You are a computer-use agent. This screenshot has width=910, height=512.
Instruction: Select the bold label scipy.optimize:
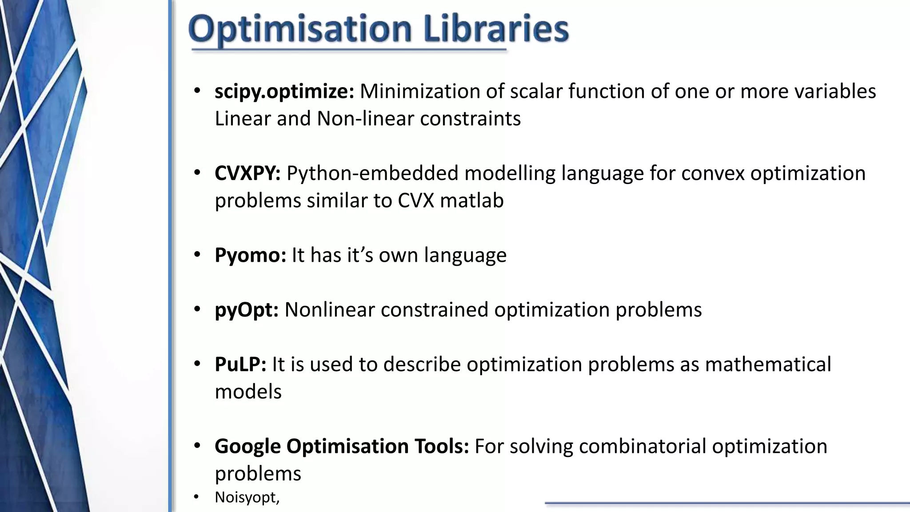click(284, 92)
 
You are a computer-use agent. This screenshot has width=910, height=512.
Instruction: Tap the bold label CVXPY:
click(247, 173)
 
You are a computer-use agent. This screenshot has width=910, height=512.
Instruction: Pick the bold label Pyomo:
click(250, 256)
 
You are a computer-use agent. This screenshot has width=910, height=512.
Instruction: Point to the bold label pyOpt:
click(246, 310)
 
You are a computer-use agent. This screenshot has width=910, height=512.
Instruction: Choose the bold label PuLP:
click(240, 364)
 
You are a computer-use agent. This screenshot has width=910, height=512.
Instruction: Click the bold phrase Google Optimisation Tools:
click(341, 446)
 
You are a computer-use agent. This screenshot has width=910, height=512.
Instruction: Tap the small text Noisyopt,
click(247, 497)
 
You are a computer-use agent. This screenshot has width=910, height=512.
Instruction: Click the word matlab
click(471, 201)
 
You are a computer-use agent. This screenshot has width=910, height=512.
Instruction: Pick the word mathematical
click(767, 364)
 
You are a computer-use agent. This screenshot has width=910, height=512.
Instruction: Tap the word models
click(248, 392)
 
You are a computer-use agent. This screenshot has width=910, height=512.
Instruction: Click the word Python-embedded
click(372, 174)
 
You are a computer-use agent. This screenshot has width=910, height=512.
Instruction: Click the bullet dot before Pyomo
click(197, 255)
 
